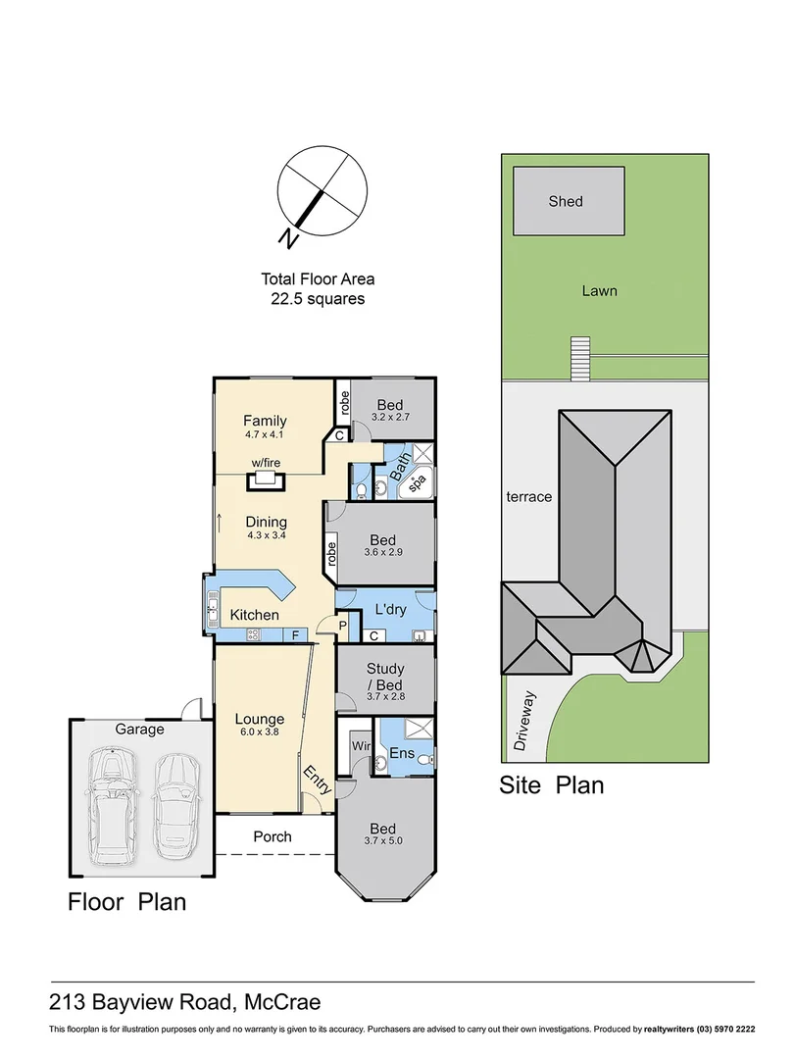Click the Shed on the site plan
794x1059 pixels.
point(566,201)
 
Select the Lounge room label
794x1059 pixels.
point(259,719)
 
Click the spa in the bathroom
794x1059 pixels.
point(416,483)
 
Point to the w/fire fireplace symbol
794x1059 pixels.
point(263,479)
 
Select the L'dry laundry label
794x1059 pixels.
point(390,610)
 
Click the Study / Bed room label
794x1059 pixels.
point(385,675)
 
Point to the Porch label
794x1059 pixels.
point(272,836)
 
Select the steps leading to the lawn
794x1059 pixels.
point(580,358)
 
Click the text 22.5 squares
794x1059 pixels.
point(318,299)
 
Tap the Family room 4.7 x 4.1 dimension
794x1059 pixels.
point(265,434)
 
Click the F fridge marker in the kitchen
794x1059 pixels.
point(294,634)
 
